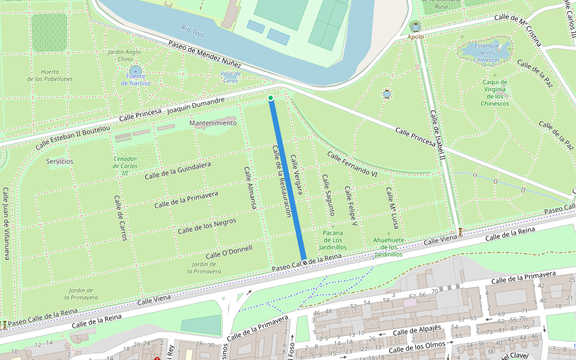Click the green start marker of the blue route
(x=271, y=98)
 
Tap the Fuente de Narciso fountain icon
(x=135, y=71)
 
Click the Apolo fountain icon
(x=416, y=26)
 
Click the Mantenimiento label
(x=213, y=123)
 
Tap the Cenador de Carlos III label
(x=125, y=166)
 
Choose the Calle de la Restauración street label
(x=282, y=180)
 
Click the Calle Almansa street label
(x=250, y=188)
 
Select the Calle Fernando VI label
(x=352, y=164)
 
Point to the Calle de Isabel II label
(x=436, y=135)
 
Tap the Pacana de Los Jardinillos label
(x=332, y=240)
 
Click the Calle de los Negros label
(x=207, y=226)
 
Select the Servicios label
(x=59, y=161)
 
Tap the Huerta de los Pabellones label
(x=50, y=74)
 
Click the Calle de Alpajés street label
(x=417, y=331)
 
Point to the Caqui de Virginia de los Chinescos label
(x=494, y=93)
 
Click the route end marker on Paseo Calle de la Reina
(x=304, y=262)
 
